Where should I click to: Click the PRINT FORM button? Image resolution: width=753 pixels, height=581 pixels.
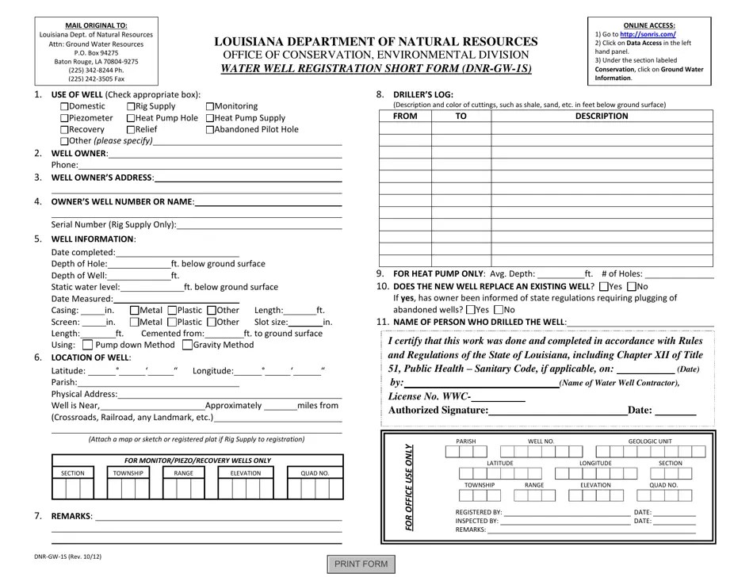pos(361,564)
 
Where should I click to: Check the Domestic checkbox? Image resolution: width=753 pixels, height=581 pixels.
pos(65,106)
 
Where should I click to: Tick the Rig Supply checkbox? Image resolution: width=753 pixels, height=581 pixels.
pos(131,106)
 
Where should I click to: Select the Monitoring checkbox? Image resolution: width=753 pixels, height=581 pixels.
pos(210,106)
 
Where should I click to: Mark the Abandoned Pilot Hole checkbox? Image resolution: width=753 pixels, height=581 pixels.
pos(210,129)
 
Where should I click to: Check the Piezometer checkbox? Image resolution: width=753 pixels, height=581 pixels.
pos(65,118)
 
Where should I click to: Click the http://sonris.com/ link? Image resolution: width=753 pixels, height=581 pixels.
pos(648,35)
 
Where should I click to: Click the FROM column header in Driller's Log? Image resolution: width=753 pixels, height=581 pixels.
pos(404,116)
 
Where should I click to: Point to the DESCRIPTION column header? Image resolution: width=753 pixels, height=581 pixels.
pos(601,116)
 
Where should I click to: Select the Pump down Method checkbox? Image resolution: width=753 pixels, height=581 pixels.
pos(87,345)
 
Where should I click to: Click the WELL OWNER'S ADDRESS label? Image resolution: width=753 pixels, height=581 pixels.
pos(101,178)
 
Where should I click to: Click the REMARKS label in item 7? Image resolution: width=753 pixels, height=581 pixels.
pos(71,516)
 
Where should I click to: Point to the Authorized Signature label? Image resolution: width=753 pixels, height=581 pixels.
pos(438,410)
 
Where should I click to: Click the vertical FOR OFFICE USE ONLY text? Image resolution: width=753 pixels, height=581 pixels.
pos(409,487)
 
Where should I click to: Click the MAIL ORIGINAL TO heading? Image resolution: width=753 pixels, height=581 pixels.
pos(96,25)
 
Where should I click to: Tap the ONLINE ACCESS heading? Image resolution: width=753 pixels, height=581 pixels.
pos(648,25)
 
